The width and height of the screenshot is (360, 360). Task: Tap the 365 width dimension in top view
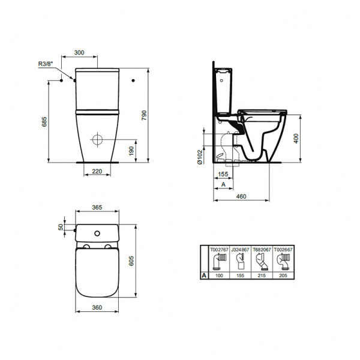pyautogui.click(x=96, y=207)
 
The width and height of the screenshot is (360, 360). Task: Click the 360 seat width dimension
pyautogui.click(x=96, y=307)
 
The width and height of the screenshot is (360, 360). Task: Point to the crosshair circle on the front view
pyautogui.click(x=98, y=140)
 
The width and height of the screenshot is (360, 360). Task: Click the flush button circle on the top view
pyautogui.click(x=97, y=231)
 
